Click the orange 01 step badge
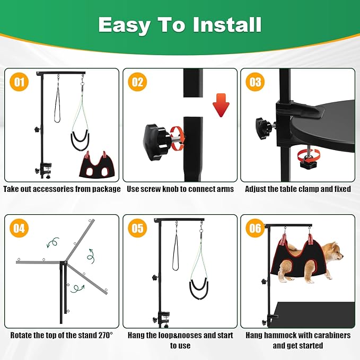point(19,82)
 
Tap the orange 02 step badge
point(137,82)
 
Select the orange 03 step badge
point(255,82)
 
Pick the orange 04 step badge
point(19,229)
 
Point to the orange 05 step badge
point(137,229)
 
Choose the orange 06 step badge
point(255,229)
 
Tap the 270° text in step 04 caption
point(106,335)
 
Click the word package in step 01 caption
point(105,189)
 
